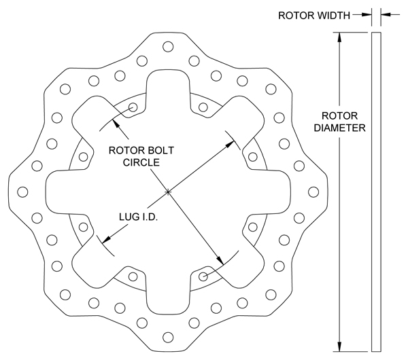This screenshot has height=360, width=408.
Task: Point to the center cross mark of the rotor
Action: coord(167,192)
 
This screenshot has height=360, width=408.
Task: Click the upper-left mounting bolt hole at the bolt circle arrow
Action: coord(133,108)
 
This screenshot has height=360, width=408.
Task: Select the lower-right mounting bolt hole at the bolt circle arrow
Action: coord(204,276)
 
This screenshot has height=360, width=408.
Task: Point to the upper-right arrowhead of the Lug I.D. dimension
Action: coord(232,141)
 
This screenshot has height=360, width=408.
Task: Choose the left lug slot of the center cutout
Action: coord(61,192)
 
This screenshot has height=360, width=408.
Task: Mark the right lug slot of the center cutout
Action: coord(272,192)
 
